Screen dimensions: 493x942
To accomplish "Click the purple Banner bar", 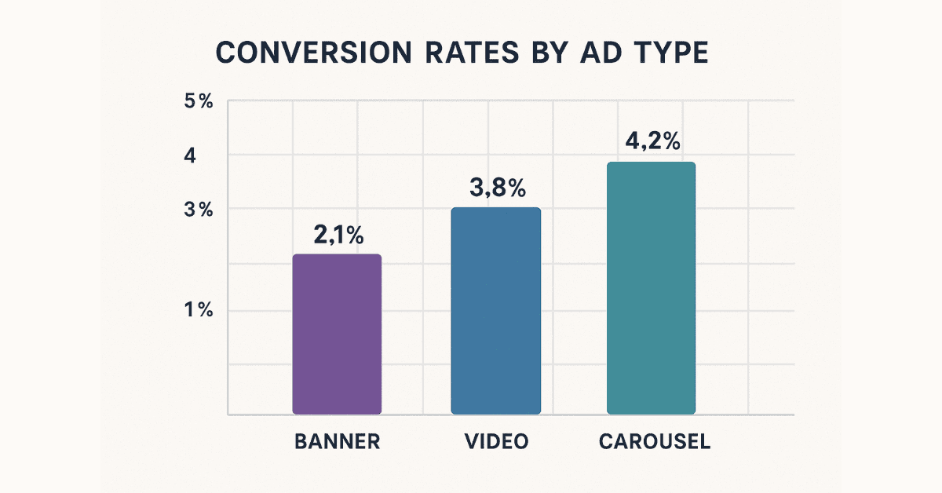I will coord(337,334).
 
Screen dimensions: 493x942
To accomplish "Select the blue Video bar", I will coord(495,311).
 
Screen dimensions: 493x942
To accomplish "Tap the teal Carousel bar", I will coord(651,288).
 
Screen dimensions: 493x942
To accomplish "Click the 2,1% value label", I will coord(338,235).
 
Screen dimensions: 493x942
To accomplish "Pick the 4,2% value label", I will coord(652,142).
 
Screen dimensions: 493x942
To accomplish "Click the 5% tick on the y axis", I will coord(199,102).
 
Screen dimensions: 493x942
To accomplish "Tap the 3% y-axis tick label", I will coord(199,210).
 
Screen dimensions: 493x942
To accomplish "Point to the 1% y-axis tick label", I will coord(199,310).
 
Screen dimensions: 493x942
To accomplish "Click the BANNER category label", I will coord(338,441).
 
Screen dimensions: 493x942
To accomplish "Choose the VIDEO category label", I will coord(495,441).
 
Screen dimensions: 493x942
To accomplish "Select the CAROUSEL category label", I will coord(655,441).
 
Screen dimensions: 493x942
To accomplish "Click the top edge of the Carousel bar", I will coord(651,163).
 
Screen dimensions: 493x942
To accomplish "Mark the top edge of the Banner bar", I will coord(337,255).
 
